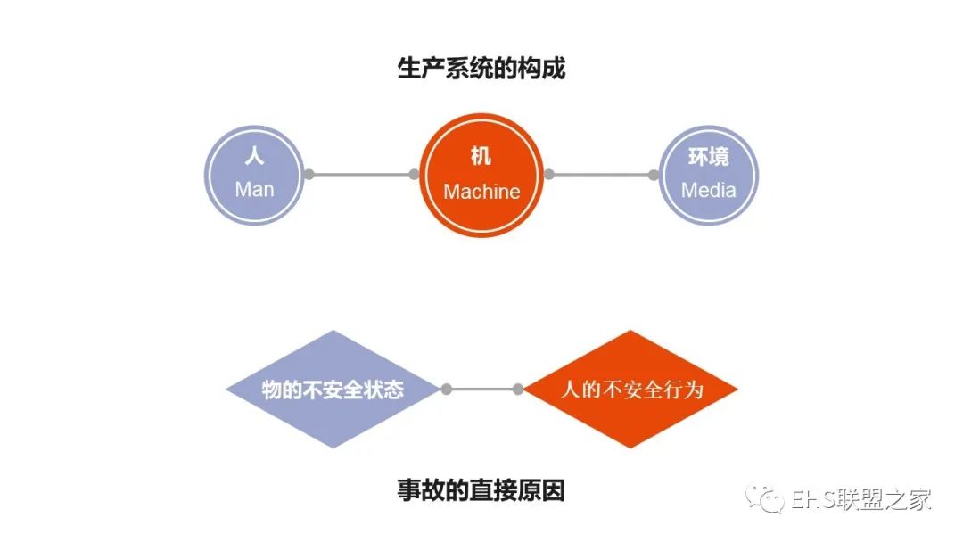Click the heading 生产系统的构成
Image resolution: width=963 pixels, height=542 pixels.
[x=481, y=68]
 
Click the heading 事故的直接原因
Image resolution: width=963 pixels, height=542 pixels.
[x=481, y=490]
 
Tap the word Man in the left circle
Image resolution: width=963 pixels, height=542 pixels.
[x=254, y=189]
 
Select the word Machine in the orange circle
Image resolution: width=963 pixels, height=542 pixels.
[x=481, y=192]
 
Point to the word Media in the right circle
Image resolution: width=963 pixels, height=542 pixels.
[x=708, y=190]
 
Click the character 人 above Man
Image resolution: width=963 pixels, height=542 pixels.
[x=254, y=155]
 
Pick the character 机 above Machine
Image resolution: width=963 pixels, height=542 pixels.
[x=481, y=156]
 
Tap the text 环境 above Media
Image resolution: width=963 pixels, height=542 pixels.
[x=708, y=157]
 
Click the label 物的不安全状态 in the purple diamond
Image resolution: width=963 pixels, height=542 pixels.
[x=333, y=390]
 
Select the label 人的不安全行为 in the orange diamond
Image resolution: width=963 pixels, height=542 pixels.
[x=631, y=390]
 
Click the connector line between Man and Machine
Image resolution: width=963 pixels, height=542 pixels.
[x=361, y=175]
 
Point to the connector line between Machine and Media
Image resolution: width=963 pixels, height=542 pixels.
[x=601, y=175]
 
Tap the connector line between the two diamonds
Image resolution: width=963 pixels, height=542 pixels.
[x=482, y=390]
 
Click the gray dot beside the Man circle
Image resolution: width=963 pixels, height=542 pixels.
[x=309, y=175]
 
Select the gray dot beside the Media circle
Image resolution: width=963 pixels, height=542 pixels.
[x=654, y=175]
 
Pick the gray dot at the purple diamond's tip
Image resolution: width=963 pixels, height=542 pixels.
[x=447, y=390]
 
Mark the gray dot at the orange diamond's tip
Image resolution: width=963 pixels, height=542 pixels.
[x=518, y=390]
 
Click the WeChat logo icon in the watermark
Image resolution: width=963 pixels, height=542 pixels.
[x=765, y=498]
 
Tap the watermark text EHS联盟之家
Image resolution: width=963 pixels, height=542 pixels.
[x=861, y=499]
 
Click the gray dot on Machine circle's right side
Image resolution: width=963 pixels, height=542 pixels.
[x=549, y=175]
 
